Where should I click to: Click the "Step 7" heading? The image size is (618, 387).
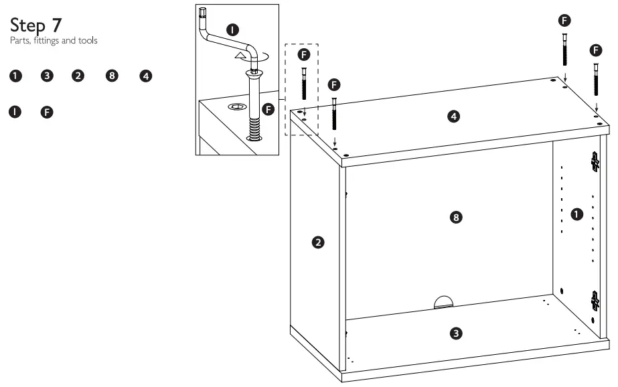(37, 26)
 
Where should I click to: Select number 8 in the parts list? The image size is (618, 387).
(112, 76)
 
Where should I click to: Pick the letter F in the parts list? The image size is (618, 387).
(47, 111)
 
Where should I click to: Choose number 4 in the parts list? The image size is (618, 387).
(145, 76)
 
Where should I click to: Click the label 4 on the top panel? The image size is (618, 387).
(453, 117)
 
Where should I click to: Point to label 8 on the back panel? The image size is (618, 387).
(456, 218)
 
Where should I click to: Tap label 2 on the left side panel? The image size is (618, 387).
(319, 241)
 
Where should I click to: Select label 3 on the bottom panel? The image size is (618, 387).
(456, 333)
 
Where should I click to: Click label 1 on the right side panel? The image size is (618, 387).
(576, 214)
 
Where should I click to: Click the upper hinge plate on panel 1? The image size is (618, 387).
(595, 161)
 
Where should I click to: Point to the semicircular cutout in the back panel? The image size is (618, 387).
(443, 302)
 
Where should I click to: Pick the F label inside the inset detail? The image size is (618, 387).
(269, 108)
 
